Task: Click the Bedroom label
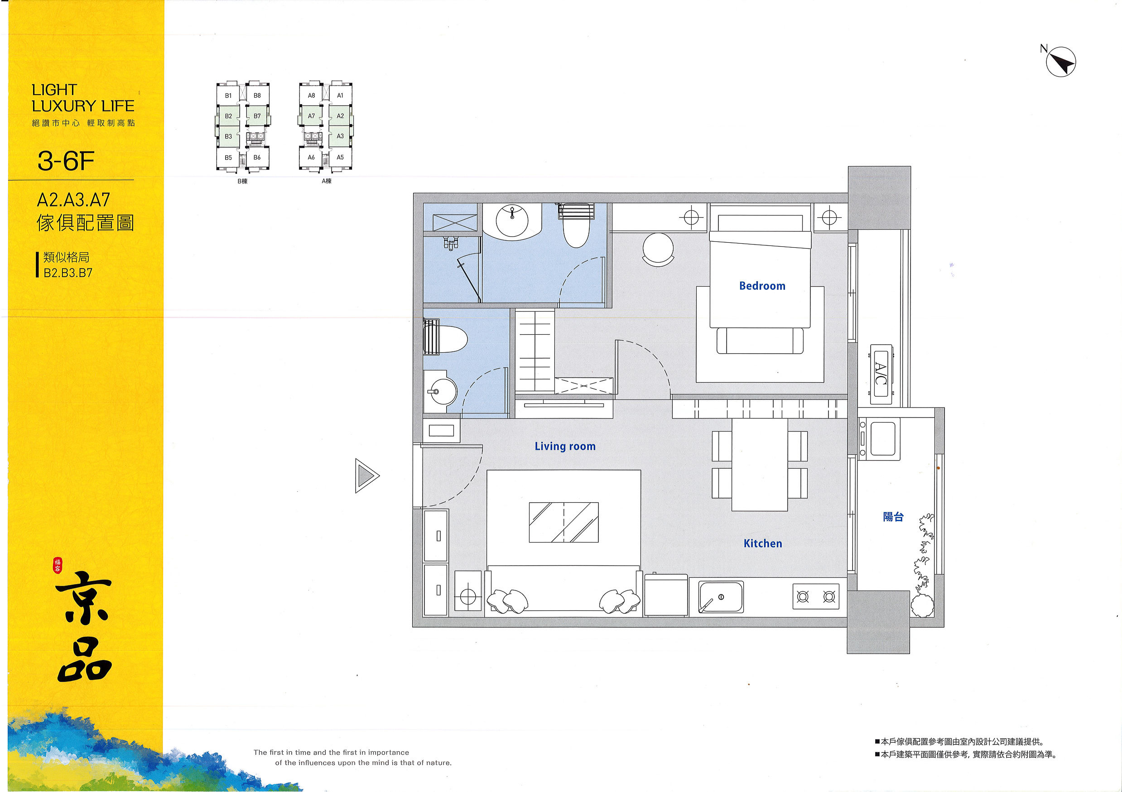point(762,286)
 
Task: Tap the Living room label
point(565,446)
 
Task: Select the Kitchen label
point(762,543)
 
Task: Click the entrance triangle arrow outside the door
point(367,475)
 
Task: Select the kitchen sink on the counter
point(721,596)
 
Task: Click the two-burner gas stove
point(816,596)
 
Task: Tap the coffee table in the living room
point(563,522)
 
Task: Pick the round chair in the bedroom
point(658,249)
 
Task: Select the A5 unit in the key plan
point(340,157)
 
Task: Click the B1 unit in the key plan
point(228,96)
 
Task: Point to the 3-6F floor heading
point(66,161)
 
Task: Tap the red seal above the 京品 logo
point(58,565)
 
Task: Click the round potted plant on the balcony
point(922,605)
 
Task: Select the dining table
point(760,465)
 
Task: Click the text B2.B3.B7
point(68,273)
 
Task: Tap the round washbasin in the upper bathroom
point(512,221)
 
